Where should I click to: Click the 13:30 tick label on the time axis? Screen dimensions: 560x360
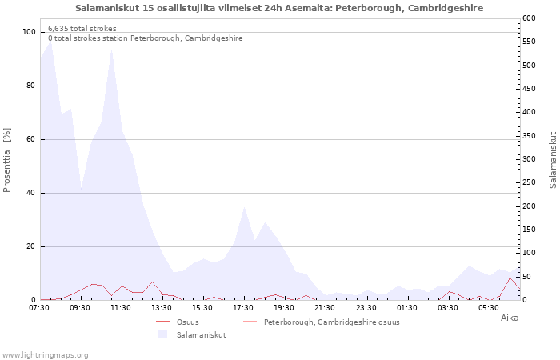click(x=162, y=308)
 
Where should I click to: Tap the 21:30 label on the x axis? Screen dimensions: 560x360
click(x=325, y=308)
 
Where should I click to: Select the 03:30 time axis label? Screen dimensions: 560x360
click(x=447, y=308)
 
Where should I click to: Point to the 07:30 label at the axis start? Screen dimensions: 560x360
click(x=39, y=308)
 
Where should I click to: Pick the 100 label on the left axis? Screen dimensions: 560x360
click(x=29, y=32)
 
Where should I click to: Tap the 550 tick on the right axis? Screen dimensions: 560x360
click(x=529, y=42)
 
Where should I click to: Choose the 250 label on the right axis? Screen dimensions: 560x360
click(x=529, y=182)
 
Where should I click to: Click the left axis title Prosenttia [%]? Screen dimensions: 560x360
click(x=6, y=160)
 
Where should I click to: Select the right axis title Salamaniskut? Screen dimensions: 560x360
click(x=553, y=160)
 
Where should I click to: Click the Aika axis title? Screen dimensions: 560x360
click(x=510, y=318)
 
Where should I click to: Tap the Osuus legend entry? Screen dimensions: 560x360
click(x=188, y=322)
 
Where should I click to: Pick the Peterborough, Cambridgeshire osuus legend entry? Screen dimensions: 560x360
click(x=332, y=322)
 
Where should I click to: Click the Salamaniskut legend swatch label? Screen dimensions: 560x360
click(x=202, y=335)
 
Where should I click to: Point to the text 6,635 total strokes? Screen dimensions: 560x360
click(x=82, y=29)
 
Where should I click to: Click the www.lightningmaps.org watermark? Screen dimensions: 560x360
click(x=44, y=355)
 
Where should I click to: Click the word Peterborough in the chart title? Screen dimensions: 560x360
click(x=369, y=8)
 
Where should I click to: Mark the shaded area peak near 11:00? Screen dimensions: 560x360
click(x=112, y=50)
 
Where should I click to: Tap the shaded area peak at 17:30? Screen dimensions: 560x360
click(x=244, y=207)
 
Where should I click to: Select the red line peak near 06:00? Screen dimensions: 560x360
click(x=510, y=278)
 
